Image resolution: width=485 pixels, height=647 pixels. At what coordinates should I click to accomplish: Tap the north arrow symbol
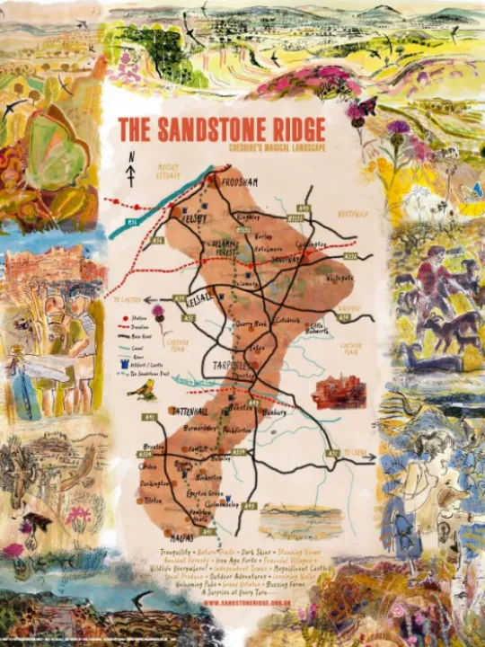pos(131,170)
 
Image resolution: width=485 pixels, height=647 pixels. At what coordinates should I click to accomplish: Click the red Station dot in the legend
pos(123,318)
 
